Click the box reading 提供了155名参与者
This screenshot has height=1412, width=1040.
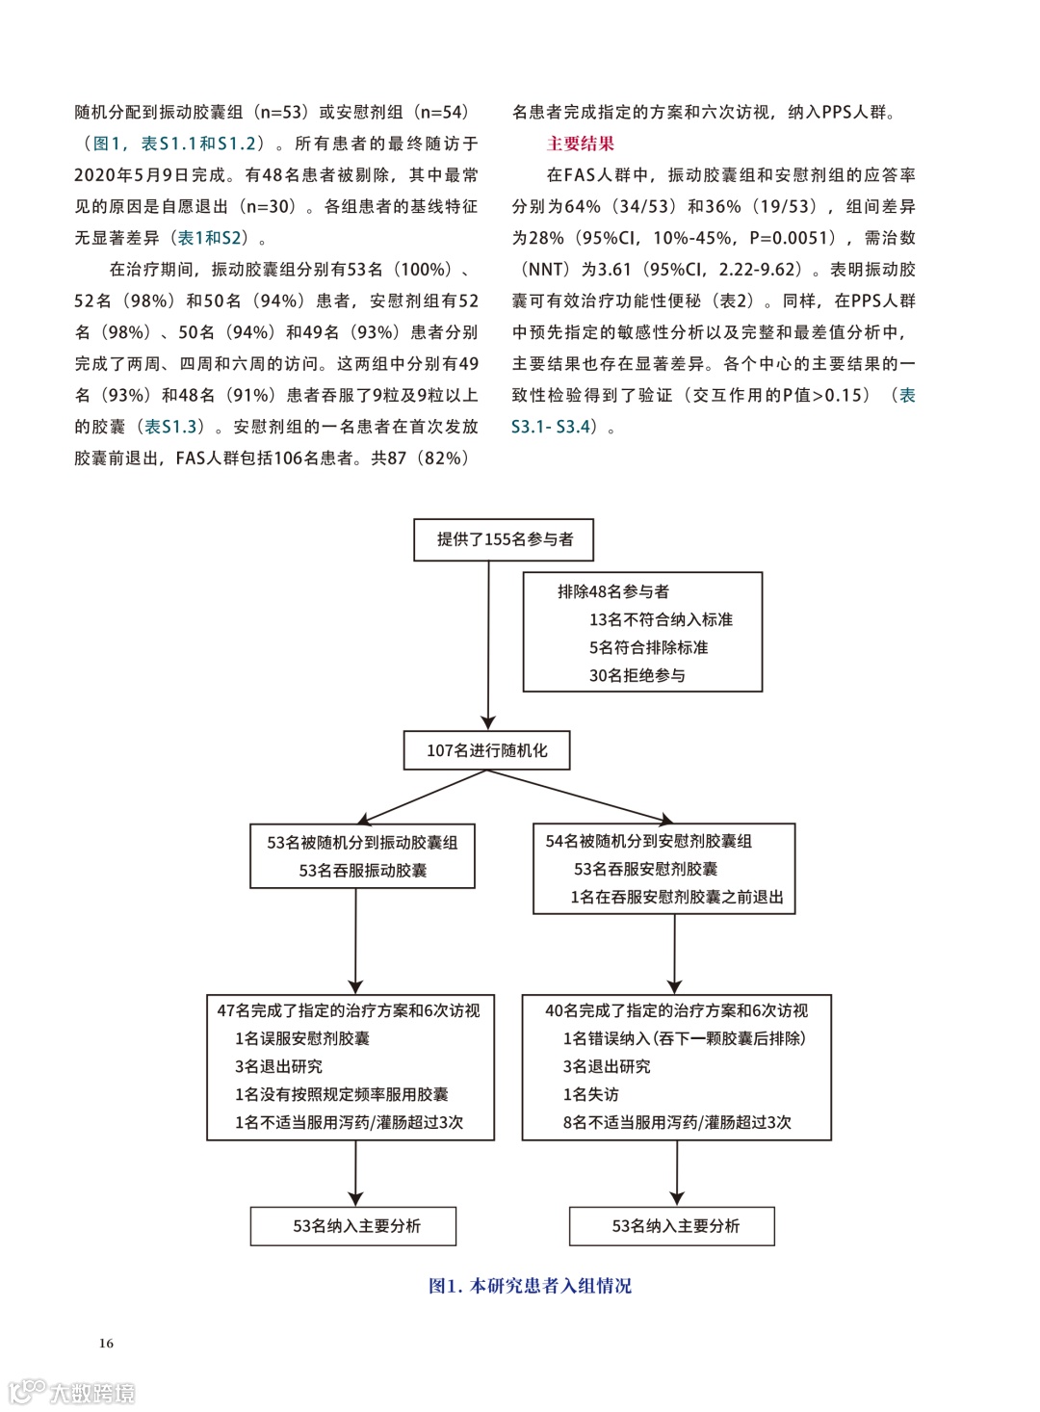point(504,539)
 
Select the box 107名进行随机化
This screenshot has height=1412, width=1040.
point(486,750)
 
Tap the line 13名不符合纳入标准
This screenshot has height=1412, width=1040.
point(661,619)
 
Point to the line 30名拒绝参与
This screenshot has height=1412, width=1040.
point(637,675)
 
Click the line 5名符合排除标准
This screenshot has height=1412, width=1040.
point(648,647)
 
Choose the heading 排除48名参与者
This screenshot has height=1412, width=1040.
point(612,591)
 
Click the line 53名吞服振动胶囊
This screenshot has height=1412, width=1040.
point(363,870)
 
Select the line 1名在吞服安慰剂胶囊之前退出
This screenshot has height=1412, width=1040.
point(676,897)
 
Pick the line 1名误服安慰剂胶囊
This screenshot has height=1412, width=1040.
point(302,1038)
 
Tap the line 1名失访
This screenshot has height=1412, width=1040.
point(590,1094)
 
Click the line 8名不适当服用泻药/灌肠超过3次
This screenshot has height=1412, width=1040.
point(677,1122)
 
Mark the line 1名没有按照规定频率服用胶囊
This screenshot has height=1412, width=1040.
point(342,1094)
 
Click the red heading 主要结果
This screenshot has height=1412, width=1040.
point(580,144)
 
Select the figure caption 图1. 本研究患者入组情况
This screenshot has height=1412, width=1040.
point(530,1286)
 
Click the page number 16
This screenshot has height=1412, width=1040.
point(106,1343)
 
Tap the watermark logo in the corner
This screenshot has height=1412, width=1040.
point(72,1392)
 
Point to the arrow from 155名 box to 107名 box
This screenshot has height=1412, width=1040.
point(488,645)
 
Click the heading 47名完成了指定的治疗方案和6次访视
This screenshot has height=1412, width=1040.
point(349,1010)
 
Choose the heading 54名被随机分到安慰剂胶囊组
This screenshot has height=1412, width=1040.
point(648,841)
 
